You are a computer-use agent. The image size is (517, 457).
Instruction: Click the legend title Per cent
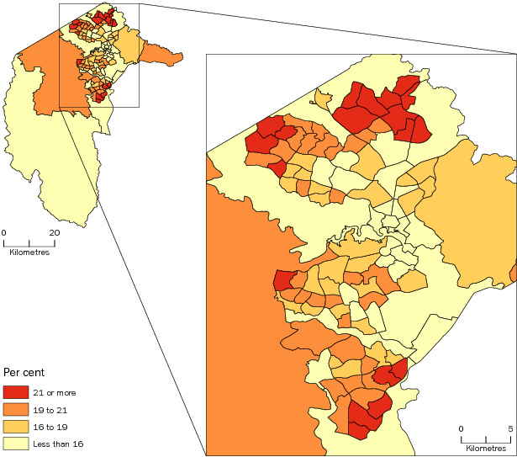(24, 371)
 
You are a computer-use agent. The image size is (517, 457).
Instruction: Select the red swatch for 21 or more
(15, 392)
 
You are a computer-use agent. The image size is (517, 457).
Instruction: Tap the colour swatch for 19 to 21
(15, 409)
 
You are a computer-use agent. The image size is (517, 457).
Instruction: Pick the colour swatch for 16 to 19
(15, 426)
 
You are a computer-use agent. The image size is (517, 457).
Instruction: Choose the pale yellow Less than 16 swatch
(15, 443)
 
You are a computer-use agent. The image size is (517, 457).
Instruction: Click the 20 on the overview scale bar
(54, 232)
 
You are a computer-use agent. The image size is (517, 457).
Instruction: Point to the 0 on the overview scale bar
(4, 232)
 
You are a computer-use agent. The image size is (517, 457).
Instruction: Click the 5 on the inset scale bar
(510, 428)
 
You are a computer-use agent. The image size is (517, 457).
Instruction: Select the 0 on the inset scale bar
(461, 428)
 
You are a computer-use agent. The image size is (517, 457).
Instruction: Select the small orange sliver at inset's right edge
(513, 273)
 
